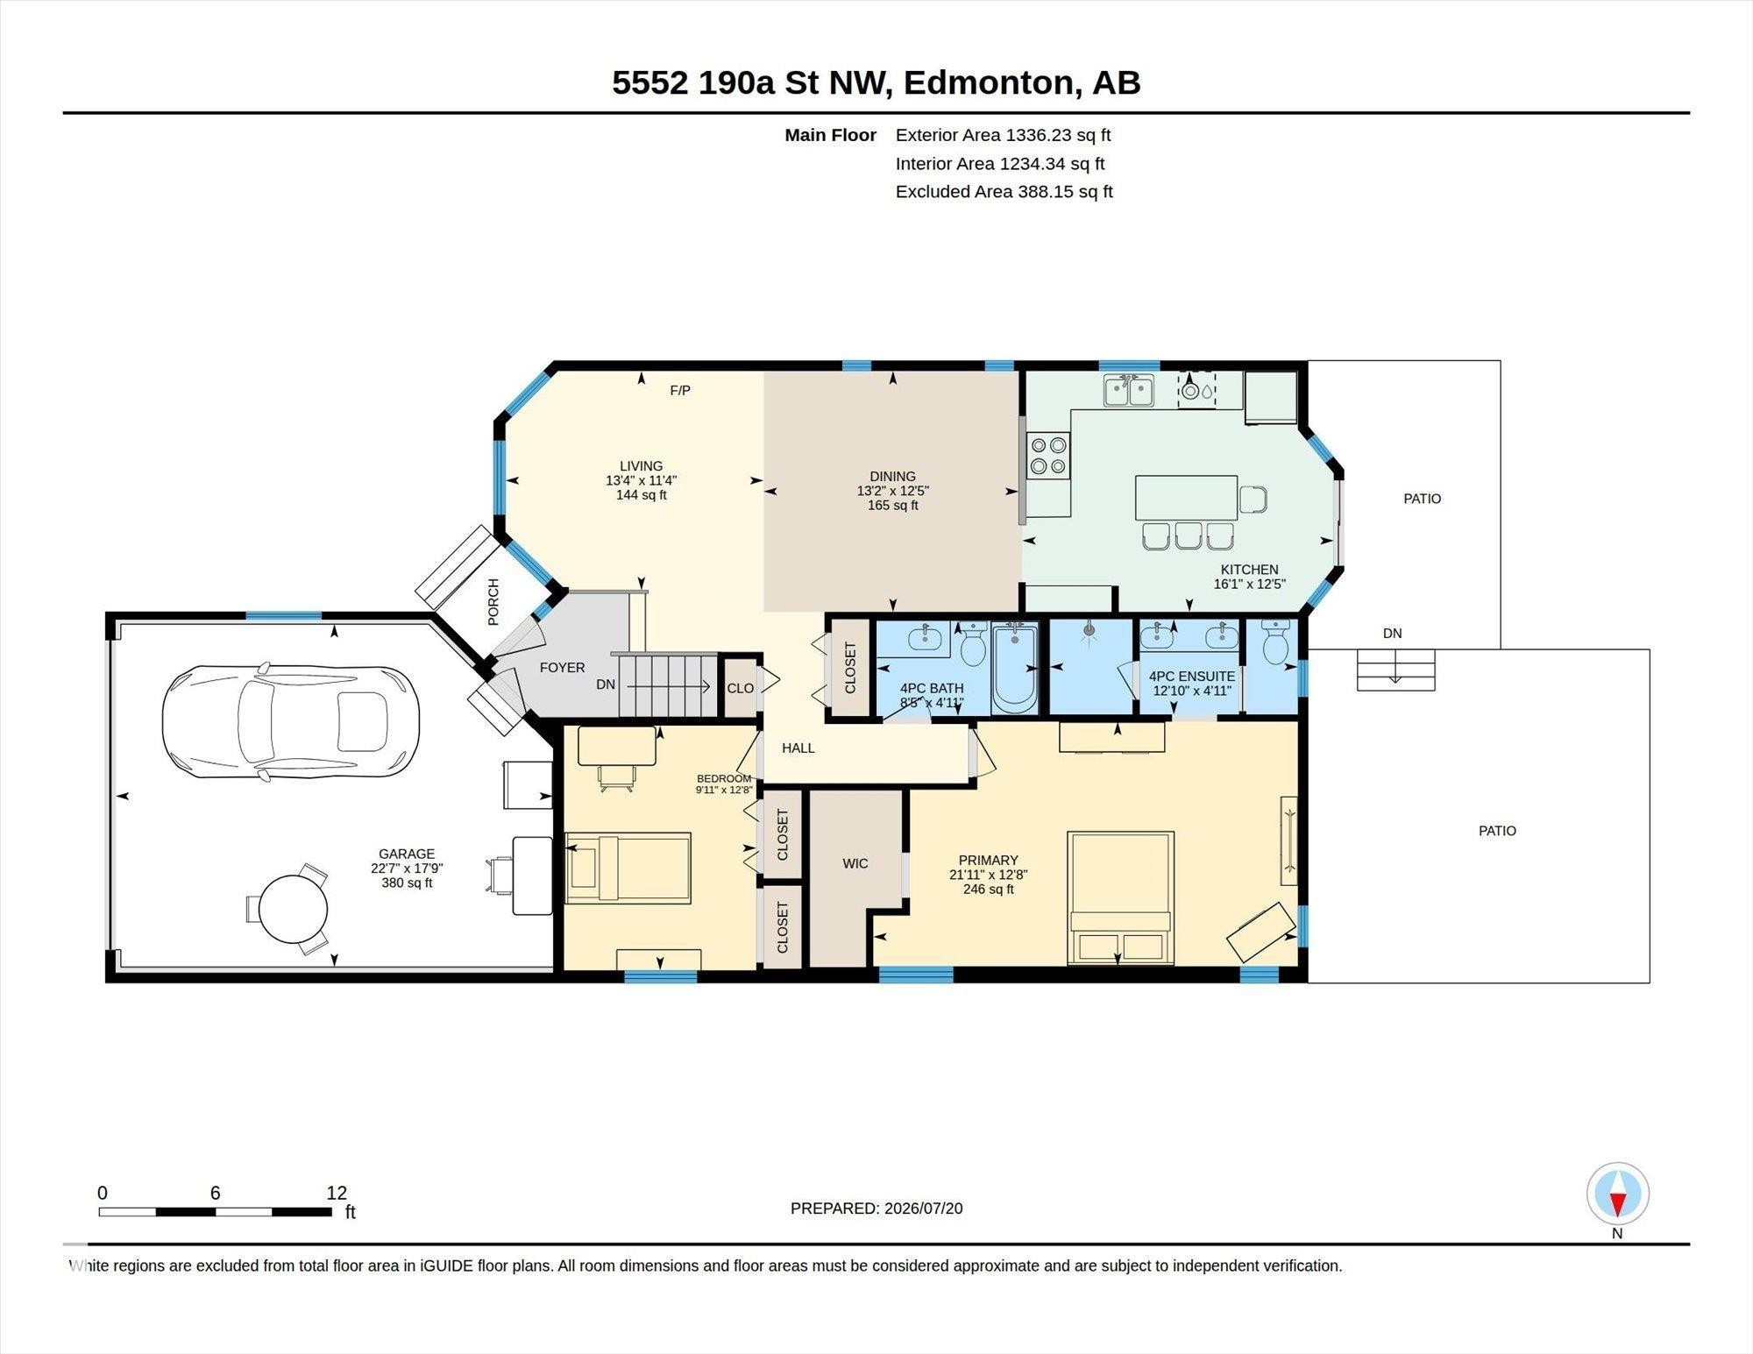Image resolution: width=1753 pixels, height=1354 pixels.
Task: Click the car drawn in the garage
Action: [290, 721]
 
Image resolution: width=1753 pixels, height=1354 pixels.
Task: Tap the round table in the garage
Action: [294, 910]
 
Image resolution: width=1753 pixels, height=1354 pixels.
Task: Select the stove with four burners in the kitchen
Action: [1048, 456]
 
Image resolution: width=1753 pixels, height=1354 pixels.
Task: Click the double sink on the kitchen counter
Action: [1128, 391]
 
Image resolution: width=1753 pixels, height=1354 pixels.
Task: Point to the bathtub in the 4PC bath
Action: [1015, 668]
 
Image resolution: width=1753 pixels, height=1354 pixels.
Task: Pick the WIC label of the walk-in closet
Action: [855, 863]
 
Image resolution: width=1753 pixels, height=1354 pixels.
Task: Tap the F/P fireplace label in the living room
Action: [680, 390]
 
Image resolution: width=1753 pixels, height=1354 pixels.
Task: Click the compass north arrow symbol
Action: [1618, 1194]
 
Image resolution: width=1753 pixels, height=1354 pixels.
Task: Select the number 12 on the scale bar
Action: [337, 1193]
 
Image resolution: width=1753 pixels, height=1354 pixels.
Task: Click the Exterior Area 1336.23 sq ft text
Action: [1003, 135]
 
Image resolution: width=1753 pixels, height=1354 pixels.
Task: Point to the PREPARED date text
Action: [876, 1208]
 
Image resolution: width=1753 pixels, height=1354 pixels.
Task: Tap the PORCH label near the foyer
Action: [493, 602]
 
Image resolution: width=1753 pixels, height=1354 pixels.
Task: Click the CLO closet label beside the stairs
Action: [740, 688]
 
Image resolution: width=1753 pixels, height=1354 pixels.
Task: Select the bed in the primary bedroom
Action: [1120, 898]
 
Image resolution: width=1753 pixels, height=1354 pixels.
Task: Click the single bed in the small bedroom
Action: [628, 868]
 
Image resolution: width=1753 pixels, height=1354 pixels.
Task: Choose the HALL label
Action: [798, 748]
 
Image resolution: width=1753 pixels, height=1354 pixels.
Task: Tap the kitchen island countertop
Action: [1187, 498]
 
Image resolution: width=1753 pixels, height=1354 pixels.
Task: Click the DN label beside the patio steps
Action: [1393, 633]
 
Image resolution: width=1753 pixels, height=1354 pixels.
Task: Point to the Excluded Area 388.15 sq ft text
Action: [1004, 191]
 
